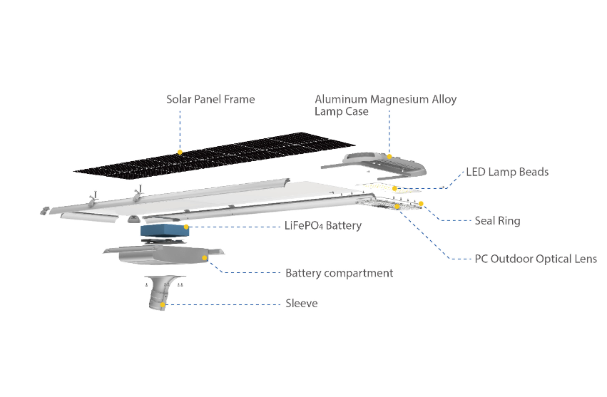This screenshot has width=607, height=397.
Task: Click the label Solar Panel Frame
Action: (x=210, y=99)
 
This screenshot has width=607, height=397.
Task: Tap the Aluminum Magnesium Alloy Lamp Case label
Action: (x=385, y=105)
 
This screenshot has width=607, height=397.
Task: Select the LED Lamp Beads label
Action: (x=506, y=172)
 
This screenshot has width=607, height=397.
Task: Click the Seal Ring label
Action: (x=497, y=220)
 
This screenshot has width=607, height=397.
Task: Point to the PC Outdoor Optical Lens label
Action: (x=535, y=258)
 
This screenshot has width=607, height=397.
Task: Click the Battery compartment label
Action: (x=339, y=273)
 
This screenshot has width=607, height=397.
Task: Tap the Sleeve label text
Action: (x=301, y=304)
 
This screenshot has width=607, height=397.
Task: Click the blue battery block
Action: (x=164, y=231)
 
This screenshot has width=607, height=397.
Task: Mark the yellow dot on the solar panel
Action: (x=180, y=152)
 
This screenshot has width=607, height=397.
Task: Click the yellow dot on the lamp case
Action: (x=389, y=155)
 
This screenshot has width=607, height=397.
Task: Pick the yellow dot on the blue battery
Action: (x=186, y=227)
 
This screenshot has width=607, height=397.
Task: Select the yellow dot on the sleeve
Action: (x=163, y=304)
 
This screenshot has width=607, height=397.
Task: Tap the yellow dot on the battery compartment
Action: (x=205, y=257)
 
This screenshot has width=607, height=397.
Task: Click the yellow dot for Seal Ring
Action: (x=421, y=204)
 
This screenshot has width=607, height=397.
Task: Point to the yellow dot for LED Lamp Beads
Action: (x=394, y=188)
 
